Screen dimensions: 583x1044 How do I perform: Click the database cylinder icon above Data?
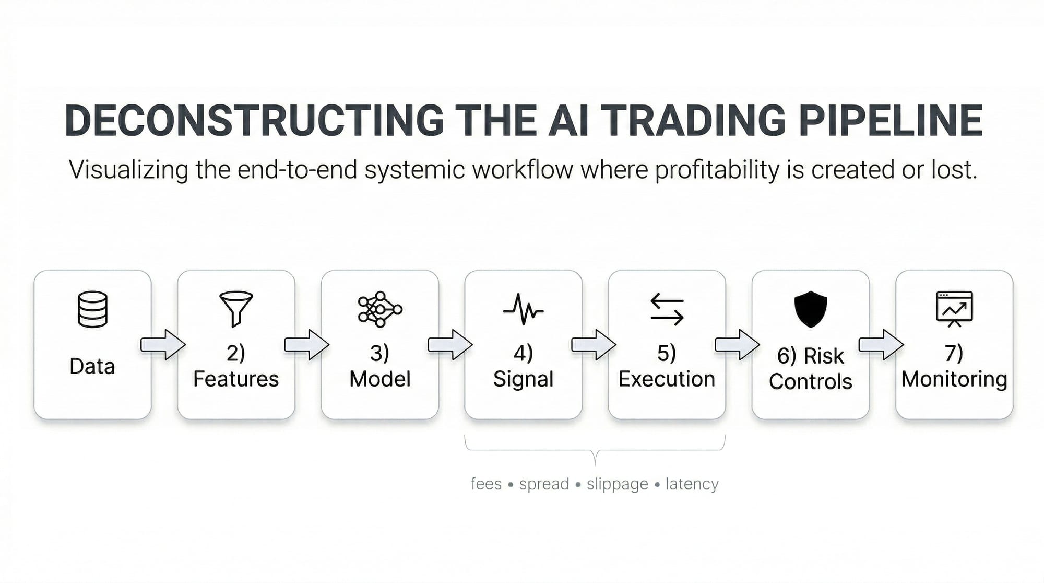pos(92,309)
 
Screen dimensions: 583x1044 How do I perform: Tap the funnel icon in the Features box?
pos(236,308)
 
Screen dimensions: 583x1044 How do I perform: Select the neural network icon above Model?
pos(380,309)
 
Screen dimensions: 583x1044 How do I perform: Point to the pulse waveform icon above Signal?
pos(523,309)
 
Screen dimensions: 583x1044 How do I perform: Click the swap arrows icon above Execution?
pos(667,309)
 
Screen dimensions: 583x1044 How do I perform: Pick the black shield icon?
pos(810,309)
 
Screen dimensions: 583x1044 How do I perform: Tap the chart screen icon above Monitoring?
pos(954,309)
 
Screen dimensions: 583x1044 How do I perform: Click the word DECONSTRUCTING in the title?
pos(255,121)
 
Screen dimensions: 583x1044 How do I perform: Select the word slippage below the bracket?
pos(617,484)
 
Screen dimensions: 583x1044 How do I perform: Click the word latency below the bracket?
pos(692,484)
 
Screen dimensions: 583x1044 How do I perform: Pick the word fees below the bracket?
pos(486,484)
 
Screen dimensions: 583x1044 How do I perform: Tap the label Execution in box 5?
pos(667,379)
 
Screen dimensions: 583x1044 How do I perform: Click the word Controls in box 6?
pos(810,381)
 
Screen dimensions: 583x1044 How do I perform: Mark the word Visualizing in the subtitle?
pos(128,170)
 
